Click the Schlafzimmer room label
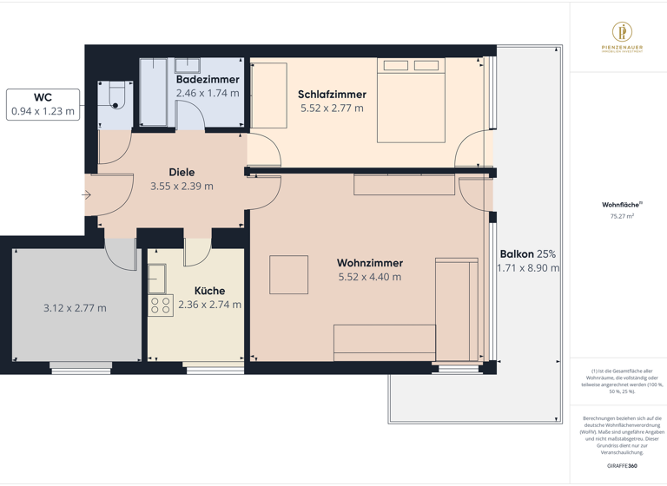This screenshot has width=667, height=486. [332, 95]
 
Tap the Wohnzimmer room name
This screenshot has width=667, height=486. [369, 263]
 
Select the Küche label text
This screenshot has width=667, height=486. [209, 291]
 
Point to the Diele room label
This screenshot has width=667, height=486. [182, 172]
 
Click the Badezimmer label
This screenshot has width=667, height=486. [208, 79]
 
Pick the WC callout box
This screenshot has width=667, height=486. [43, 104]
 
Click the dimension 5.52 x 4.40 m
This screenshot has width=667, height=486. [369, 277]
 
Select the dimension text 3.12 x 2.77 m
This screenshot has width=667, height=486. [75, 307]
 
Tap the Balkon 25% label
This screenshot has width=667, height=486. [527, 254]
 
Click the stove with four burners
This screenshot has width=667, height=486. [161, 305]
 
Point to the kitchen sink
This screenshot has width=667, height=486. [157, 279]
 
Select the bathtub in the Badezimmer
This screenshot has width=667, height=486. [154, 93]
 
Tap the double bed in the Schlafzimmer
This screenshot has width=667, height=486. [411, 101]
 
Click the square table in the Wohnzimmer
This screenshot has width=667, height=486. [288, 275]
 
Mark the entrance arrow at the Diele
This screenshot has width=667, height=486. [86, 195]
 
